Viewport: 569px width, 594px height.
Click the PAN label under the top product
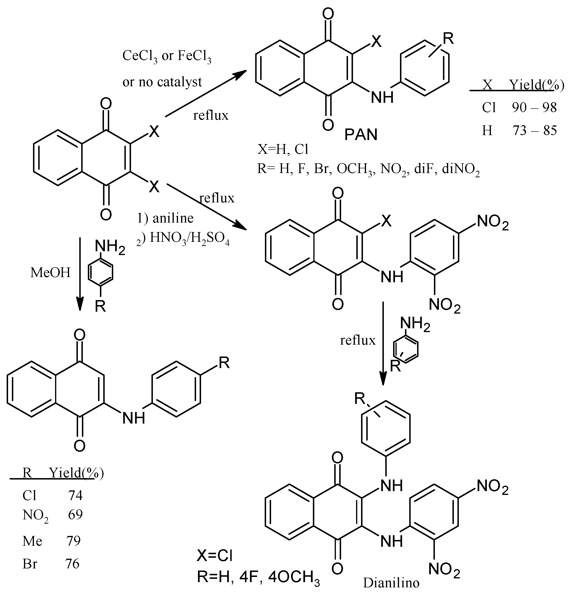[x=361, y=134]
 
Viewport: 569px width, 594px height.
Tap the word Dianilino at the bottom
[x=391, y=583]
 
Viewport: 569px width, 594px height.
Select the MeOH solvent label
[x=50, y=273]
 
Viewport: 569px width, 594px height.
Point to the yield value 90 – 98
[x=534, y=108]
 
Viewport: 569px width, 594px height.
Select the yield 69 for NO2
[x=75, y=514]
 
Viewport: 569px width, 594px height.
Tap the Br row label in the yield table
[x=30, y=564]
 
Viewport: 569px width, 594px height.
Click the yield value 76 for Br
[x=72, y=564]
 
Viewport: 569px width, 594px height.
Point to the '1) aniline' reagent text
[x=165, y=218]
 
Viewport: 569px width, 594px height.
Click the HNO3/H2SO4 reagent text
[x=190, y=238]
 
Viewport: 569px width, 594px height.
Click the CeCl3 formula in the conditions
[x=140, y=56]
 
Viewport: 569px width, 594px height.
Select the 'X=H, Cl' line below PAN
[x=283, y=149]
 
